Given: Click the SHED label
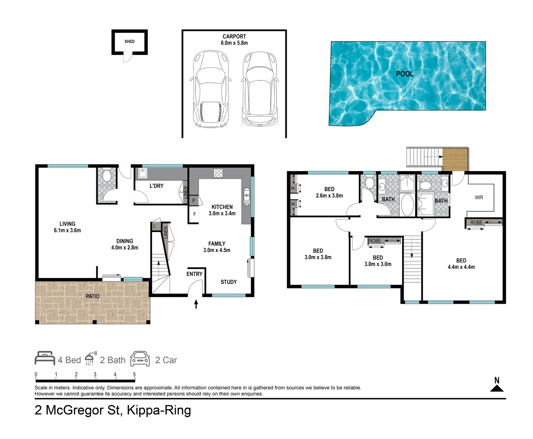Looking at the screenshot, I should (x=130, y=41).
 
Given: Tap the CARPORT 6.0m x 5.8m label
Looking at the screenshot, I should (x=234, y=39).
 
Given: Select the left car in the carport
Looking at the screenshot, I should (x=210, y=88).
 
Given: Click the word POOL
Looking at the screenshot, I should (x=405, y=74).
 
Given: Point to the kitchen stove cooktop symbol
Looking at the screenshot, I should (x=218, y=173).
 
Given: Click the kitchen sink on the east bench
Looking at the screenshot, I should (x=246, y=197).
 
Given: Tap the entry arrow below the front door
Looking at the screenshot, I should (x=196, y=304).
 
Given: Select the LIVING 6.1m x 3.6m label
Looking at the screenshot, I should (x=67, y=227).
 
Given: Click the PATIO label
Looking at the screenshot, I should (x=92, y=296).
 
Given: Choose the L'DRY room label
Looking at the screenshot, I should (x=157, y=186).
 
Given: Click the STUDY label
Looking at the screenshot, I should (x=228, y=282).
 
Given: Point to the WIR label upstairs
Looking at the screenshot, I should (x=479, y=198).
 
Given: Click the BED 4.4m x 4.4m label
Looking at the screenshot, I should (x=461, y=263).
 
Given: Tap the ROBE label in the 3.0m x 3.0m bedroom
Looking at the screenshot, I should (x=375, y=241).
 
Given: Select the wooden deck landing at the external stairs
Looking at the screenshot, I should (x=455, y=159).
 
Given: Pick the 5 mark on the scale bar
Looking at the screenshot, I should (x=134, y=375).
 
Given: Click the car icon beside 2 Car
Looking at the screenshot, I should (x=140, y=359).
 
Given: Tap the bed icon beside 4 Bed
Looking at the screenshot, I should (x=45, y=359).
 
